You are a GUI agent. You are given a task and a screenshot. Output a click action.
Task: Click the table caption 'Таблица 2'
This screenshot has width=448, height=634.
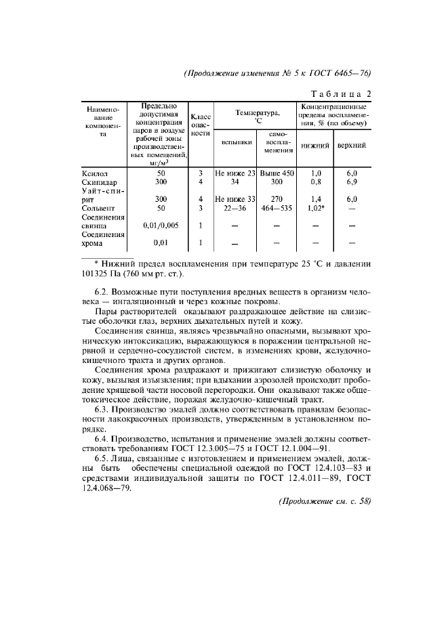tap(340, 93)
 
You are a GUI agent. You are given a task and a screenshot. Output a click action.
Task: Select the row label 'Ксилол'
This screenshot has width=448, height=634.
tap(94, 173)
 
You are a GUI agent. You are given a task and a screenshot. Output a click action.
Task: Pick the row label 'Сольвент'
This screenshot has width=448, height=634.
tap(97, 209)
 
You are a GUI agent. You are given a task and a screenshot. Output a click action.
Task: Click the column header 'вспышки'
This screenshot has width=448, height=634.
tap(234, 144)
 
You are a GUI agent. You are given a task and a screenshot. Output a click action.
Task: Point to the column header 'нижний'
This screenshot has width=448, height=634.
tap(315, 146)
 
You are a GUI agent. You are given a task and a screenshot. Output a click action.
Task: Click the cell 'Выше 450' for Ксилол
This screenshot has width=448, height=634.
tap(277, 173)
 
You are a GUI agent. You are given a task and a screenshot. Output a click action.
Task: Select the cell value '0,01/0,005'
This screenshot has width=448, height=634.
tap(161, 226)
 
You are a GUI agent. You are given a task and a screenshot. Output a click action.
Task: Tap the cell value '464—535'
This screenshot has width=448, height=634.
tap(277, 209)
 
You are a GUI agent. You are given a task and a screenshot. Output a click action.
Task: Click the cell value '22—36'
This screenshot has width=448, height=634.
tap(235, 209)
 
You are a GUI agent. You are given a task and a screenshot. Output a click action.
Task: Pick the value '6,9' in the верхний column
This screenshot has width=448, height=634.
tap(351, 182)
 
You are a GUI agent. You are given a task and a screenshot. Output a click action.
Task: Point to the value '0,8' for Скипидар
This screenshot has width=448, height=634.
tap(315, 182)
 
